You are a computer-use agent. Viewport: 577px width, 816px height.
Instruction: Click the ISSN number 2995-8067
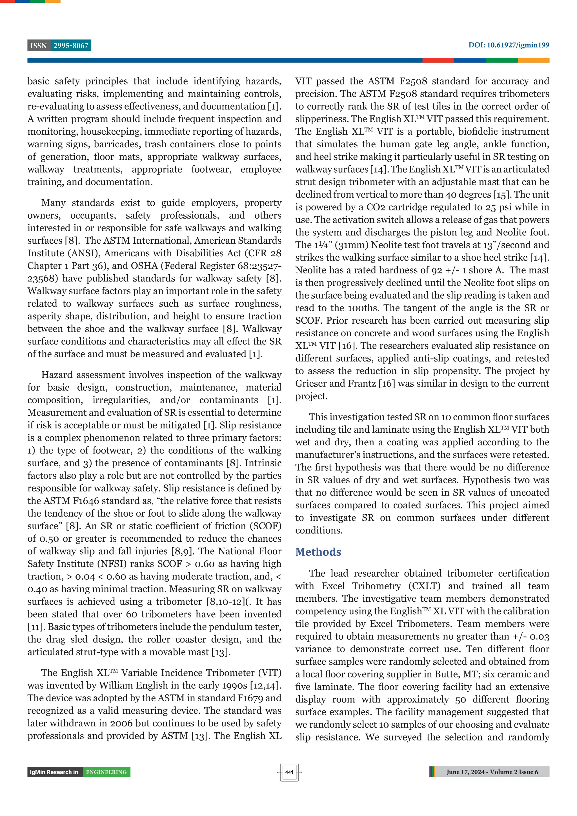coord(71,46)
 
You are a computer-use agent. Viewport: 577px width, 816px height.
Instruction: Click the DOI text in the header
coord(508,45)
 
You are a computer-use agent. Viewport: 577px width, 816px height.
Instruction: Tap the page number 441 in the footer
coord(289,772)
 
